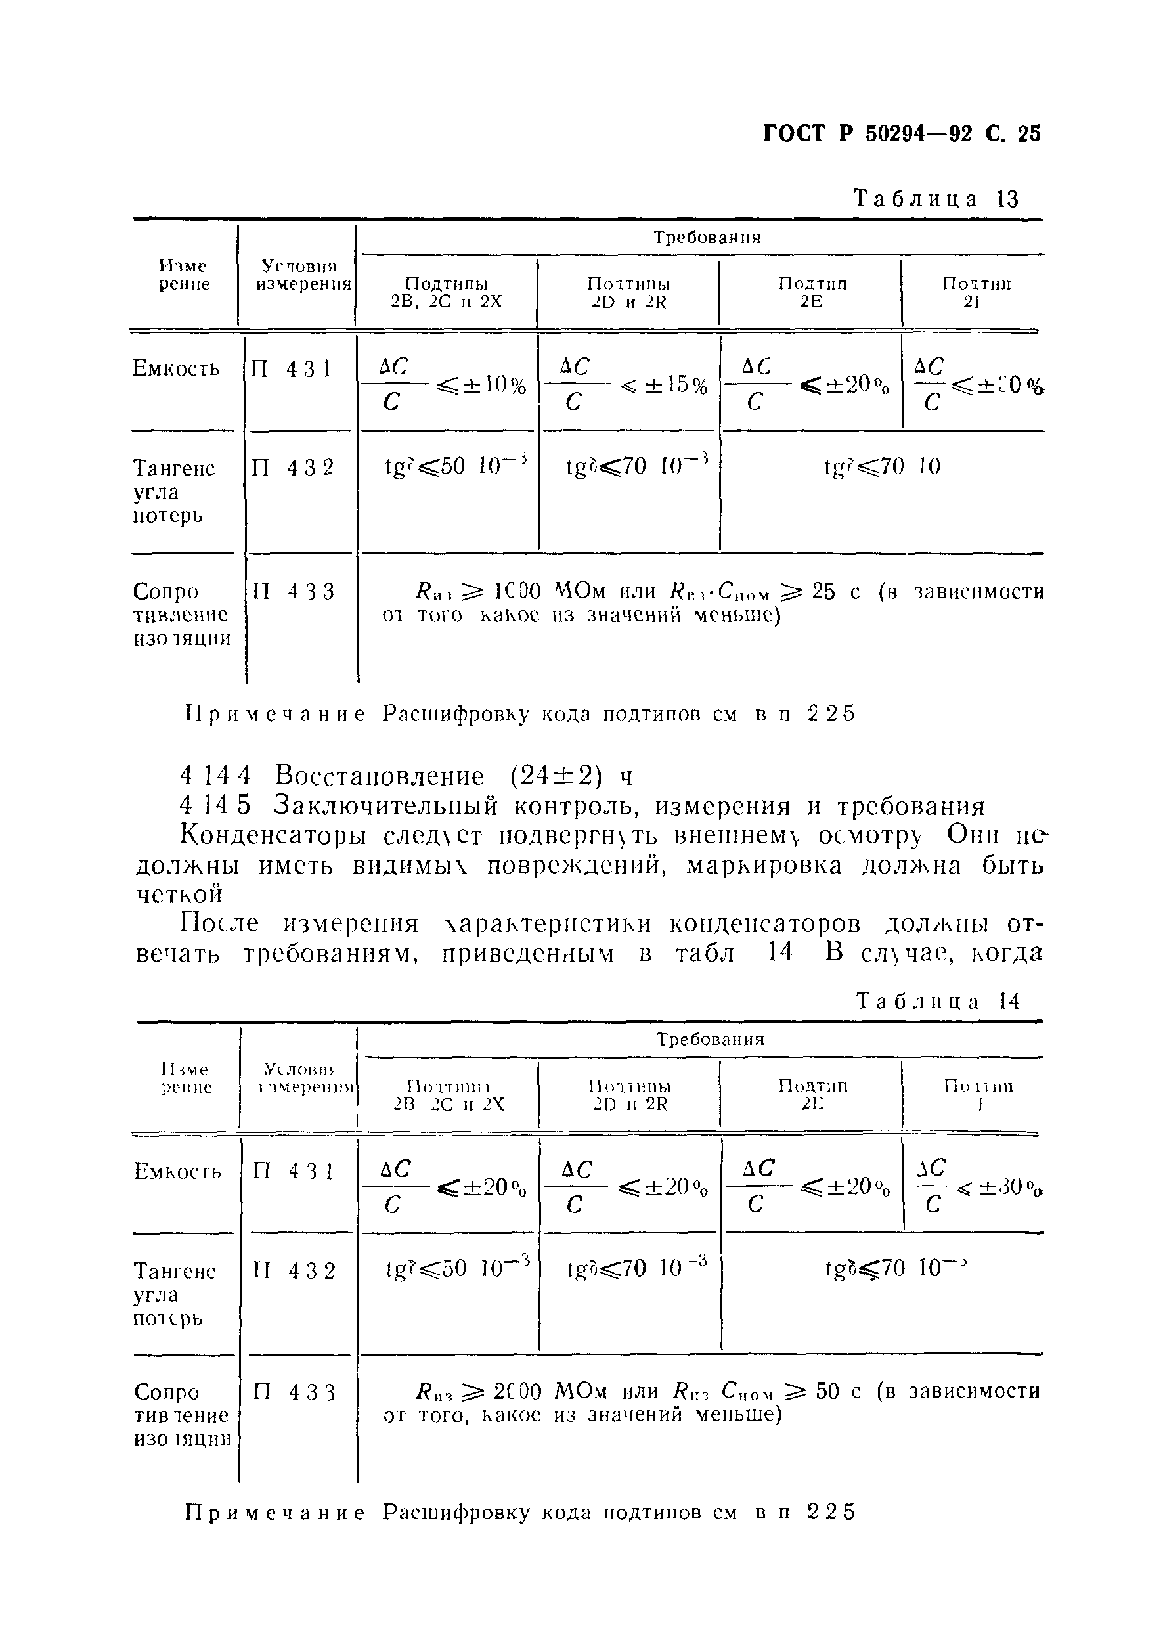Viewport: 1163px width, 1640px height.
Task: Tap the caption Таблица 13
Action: click(x=936, y=198)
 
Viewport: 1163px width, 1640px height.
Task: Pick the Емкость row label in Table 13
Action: click(x=176, y=369)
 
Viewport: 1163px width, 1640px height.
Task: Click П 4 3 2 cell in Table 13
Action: click(x=293, y=468)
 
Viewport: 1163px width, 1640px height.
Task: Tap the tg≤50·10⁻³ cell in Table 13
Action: click(x=456, y=467)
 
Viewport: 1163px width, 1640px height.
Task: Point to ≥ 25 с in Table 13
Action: click(x=820, y=592)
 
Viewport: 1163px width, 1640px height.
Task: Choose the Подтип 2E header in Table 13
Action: click(x=812, y=292)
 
